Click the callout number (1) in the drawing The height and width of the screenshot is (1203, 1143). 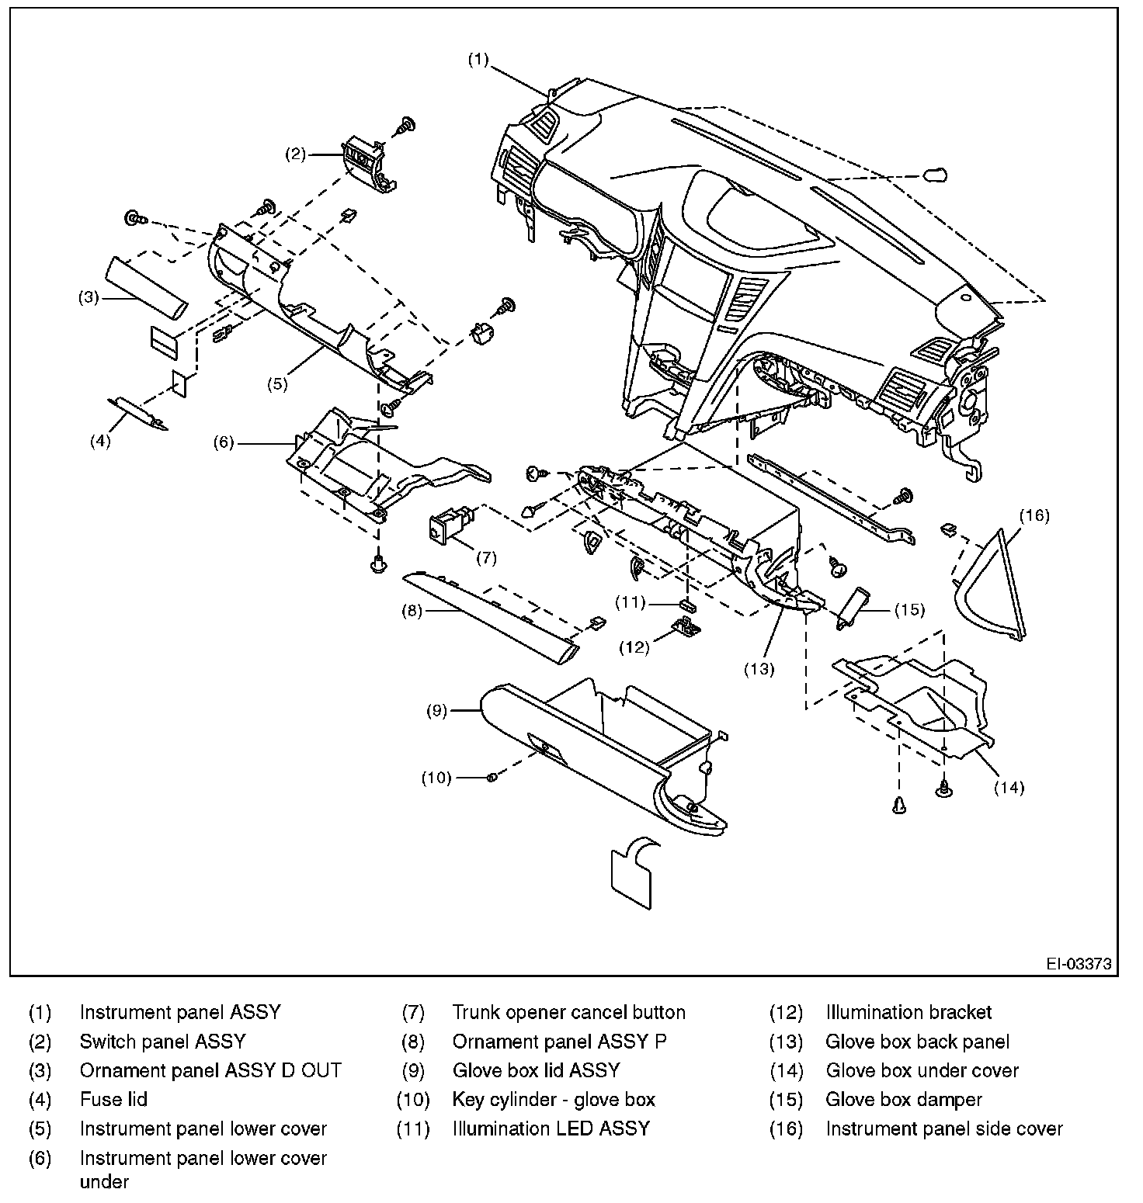pyautogui.click(x=478, y=59)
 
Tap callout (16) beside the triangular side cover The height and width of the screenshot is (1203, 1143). pyautogui.click(x=1034, y=515)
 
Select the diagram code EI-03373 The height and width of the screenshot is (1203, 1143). pyautogui.click(x=1079, y=965)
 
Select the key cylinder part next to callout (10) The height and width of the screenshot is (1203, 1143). pyautogui.click(x=492, y=777)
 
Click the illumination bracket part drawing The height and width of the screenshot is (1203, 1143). pyautogui.click(x=686, y=626)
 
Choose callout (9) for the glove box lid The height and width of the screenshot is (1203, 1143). pyautogui.click(x=437, y=710)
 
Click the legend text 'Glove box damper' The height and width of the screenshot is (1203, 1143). pyautogui.click(x=903, y=1100)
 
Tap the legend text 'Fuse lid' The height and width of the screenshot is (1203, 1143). pyautogui.click(x=113, y=1100)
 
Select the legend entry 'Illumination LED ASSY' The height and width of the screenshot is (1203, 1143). pyautogui.click(x=551, y=1128)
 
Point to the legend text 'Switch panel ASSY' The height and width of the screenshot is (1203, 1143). pyautogui.click(x=162, y=1042)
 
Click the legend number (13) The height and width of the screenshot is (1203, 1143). pyautogui.click(x=785, y=1042)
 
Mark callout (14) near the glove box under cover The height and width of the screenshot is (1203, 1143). pyautogui.click(x=1009, y=788)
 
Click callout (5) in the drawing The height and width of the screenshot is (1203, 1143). pyautogui.click(x=278, y=383)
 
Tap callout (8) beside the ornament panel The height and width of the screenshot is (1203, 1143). pyautogui.click(x=412, y=611)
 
